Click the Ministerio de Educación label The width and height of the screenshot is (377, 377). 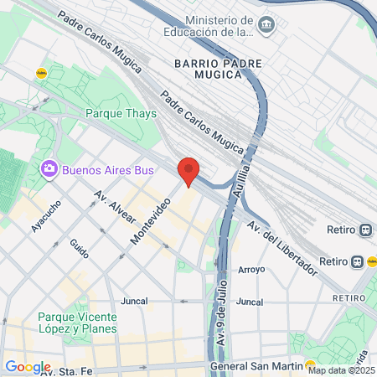(218, 26)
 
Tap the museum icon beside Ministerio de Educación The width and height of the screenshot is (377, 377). (266, 23)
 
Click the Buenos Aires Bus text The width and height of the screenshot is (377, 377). (108, 170)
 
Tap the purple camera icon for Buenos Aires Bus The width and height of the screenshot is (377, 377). (49, 170)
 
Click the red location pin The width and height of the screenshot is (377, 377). (189, 171)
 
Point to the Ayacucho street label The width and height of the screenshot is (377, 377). (46, 216)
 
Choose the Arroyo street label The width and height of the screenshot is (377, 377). (251, 270)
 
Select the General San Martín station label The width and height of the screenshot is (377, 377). (255, 365)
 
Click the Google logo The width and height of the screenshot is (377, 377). (28, 367)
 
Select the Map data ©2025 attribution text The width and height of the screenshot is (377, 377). (340, 370)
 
